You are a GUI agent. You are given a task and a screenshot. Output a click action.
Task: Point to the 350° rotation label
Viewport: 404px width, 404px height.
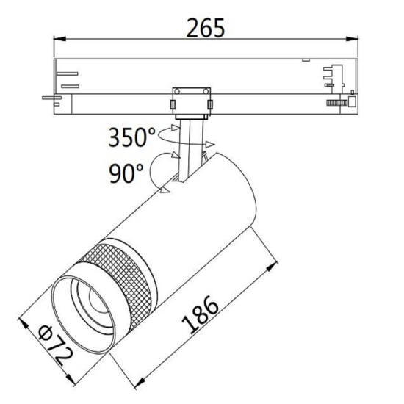(x=131, y=137)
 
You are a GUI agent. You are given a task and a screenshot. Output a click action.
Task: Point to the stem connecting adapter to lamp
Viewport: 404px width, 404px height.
(x=192, y=151)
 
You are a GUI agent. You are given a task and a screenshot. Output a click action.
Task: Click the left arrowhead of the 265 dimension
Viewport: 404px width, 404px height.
(x=59, y=40)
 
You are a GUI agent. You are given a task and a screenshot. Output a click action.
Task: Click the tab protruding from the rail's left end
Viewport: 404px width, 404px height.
(x=50, y=96)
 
